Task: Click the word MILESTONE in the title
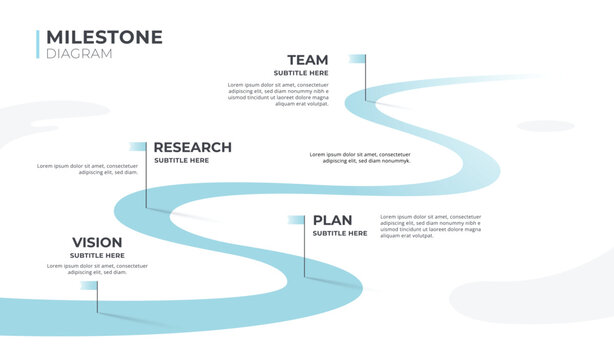(104, 37)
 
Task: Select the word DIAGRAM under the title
(79, 54)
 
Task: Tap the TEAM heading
(307, 60)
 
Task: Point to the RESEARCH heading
(192, 147)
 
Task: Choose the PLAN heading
(332, 220)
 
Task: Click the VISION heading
(97, 242)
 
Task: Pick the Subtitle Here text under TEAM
(300, 73)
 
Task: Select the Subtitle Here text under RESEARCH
(181, 160)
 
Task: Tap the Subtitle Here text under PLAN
(340, 233)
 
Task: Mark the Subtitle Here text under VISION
(97, 255)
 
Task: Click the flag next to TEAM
(356, 59)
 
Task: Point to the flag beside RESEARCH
(138, 147)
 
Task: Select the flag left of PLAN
(296, 220)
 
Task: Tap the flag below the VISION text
(90, 285)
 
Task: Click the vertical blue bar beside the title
(38, 44)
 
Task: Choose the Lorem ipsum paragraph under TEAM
(278, 94)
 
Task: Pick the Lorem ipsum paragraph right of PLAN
(430, 226)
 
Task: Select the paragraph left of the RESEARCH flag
(88, 169)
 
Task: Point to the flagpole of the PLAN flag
(305, 250)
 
